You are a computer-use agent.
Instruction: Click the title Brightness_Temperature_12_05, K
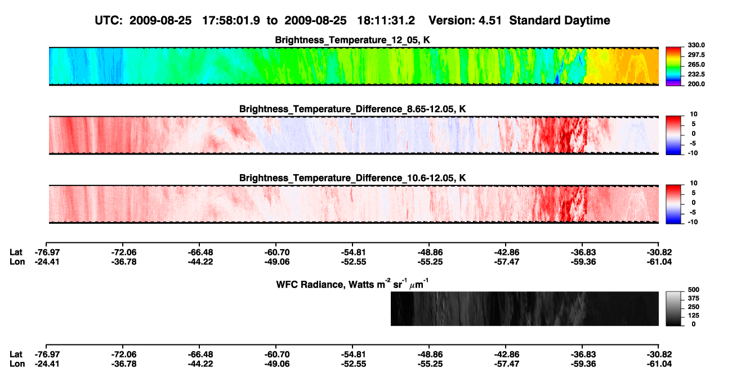[x=352, y=40]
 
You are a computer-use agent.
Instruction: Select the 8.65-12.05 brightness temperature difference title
[x=352, y=109]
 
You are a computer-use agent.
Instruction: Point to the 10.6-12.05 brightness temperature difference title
[x=352, y=178]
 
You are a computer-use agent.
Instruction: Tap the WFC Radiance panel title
[x=352, y=284]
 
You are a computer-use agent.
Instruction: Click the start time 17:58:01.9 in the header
[x=231, y=21]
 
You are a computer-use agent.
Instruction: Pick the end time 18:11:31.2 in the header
[x=386, y=21]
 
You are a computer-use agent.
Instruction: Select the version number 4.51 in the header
[x=490, y=21]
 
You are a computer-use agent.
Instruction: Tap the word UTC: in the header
[x=109, y=21]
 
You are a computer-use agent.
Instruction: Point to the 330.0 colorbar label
[x=696, y=45]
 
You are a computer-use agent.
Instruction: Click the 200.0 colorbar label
[x=696, y=84]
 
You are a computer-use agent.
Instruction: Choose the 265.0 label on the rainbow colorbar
[x=696, y=64]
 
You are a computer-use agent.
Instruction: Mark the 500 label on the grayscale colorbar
[x=694, y=290]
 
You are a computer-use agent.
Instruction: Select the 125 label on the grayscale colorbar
[x=694, y=316]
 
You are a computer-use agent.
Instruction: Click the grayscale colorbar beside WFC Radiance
[x=673, y=308]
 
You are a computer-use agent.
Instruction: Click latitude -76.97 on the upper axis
[x=47, y=253]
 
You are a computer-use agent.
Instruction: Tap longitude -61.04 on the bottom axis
[x=659, y=364]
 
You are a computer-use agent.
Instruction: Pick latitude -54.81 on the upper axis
[x=353, y=253]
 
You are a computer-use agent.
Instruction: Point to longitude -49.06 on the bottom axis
[x=277, y=364]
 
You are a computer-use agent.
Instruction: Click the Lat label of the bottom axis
[x=16, y=355]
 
